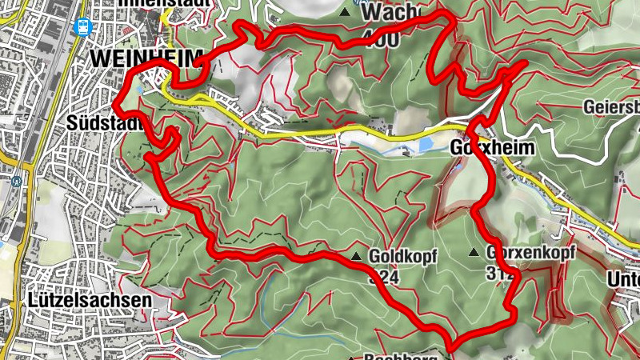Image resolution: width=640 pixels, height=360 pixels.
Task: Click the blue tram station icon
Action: point(82,26)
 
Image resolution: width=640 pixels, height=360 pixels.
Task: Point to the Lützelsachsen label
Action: point(89,299)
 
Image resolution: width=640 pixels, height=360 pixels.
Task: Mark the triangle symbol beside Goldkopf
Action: point(356,256)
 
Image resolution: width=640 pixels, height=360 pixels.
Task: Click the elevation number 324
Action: point(383,276)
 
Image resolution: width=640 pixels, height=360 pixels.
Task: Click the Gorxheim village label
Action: point(479,149)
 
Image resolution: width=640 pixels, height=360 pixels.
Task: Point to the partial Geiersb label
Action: point(612,107)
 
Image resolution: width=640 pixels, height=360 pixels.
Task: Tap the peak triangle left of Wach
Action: point(346,12)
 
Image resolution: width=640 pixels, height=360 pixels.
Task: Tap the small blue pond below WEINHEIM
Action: point(141,90)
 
